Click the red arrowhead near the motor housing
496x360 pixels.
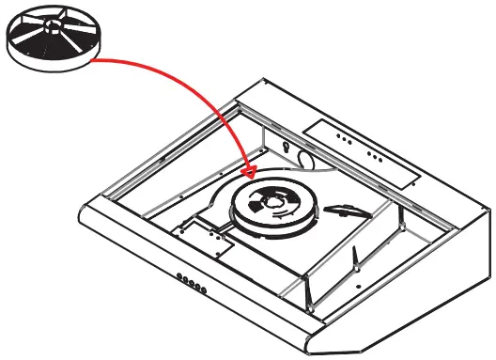tap(248, 172)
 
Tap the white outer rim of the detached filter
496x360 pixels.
tap(56, 58)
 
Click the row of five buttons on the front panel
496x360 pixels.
tap(192, 281)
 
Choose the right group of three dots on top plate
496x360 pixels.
tap(375, 155)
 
